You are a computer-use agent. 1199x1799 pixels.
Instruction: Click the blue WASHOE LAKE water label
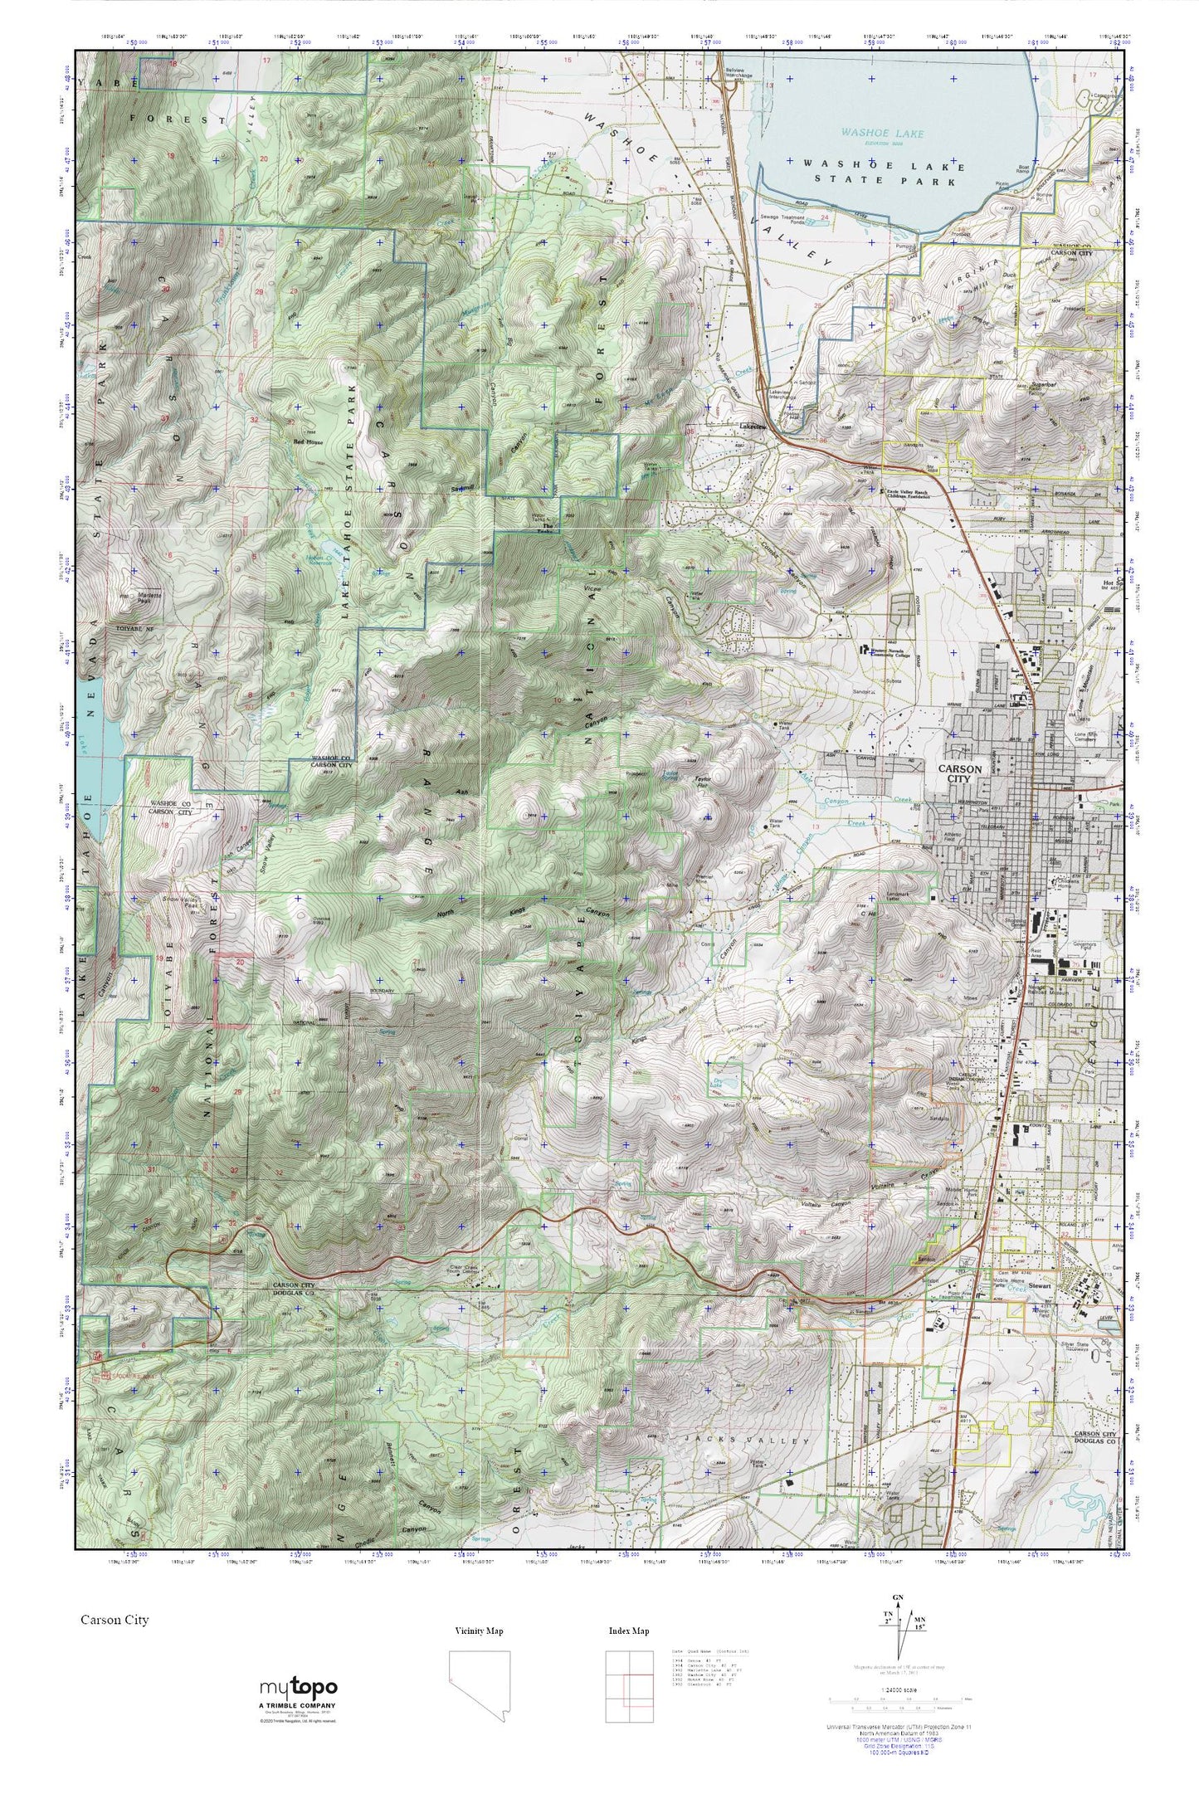point(881,132)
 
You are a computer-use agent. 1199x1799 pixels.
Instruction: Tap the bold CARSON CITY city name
point(959,773)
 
